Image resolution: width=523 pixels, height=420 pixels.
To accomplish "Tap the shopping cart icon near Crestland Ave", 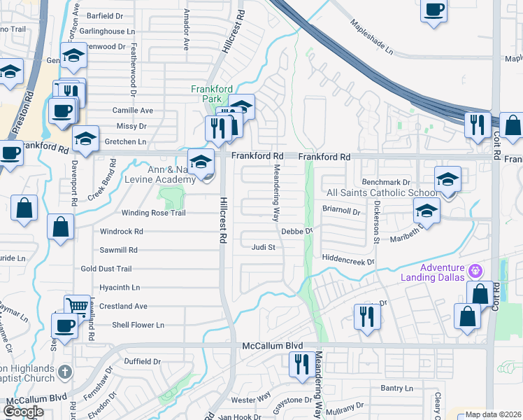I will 76,306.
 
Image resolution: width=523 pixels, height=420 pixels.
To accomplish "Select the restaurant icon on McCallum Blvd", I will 302,364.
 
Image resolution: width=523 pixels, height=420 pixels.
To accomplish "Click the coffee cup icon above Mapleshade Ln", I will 434,10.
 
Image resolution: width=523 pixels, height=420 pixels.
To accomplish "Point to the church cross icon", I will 64,371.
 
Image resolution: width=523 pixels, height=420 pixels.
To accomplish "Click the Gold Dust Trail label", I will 106,269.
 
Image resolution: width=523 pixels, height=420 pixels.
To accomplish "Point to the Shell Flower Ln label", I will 138,325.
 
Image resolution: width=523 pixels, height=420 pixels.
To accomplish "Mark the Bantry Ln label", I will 396,388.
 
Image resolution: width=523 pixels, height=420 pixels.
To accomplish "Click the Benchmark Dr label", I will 385,182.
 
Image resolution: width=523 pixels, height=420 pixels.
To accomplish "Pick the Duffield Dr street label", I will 143,362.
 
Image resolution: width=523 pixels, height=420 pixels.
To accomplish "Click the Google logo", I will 24,412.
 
